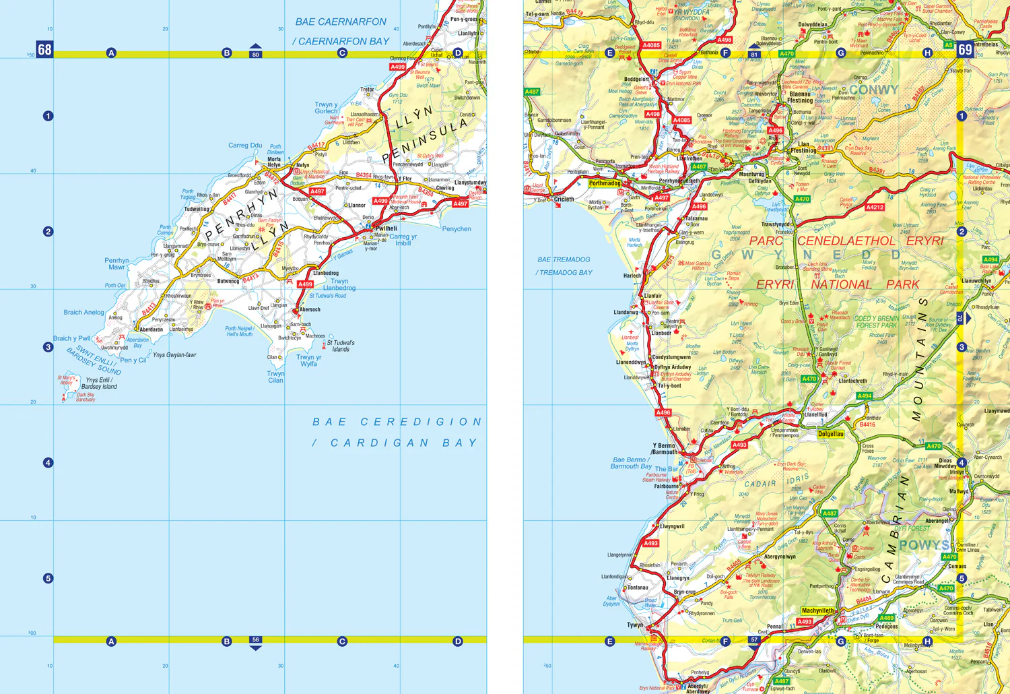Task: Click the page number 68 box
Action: [44, 49]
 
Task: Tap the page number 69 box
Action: [965, 49]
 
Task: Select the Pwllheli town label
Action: [386, 228]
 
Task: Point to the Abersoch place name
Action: [310, 310]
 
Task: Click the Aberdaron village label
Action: [151, 330]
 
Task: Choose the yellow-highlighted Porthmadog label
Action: [605, 183]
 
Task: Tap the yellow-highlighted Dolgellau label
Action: [830, 434]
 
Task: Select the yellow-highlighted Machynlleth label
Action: [818, 611]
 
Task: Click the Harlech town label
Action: [632, 276]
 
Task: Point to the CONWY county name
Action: [873, 90]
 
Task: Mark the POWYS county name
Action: [924, 545]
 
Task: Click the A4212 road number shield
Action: [875, 208]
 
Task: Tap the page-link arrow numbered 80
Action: [255, 52]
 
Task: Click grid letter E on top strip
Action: [610, 53]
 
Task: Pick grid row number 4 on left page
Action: [48, 463]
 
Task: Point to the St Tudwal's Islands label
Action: [341, 346]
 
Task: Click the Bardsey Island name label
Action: [99, 383]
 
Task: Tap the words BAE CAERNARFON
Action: [341, 22]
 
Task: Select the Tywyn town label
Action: [635, 625]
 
